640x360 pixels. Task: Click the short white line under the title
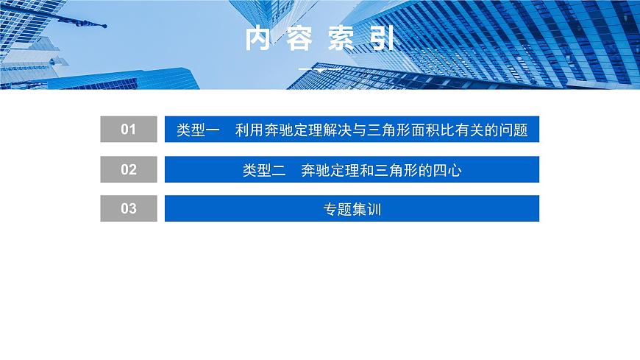pyautogui.click(x=319, y=69)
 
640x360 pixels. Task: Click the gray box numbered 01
pyautogui.click(x=129, y=130)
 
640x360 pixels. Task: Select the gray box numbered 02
pyautogui.click(x=129, y=169)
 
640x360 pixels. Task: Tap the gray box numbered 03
pyautogui.click(x=129, y=208)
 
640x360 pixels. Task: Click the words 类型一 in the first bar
pyautogui.click(x=199, y=130)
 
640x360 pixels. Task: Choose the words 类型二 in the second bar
pyautogui.click(x=264, y=170)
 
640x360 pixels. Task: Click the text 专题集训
pyautogui.click(x=352, y=209)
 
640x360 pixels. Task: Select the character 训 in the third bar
pyautogui.click(x=374, y=209)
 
